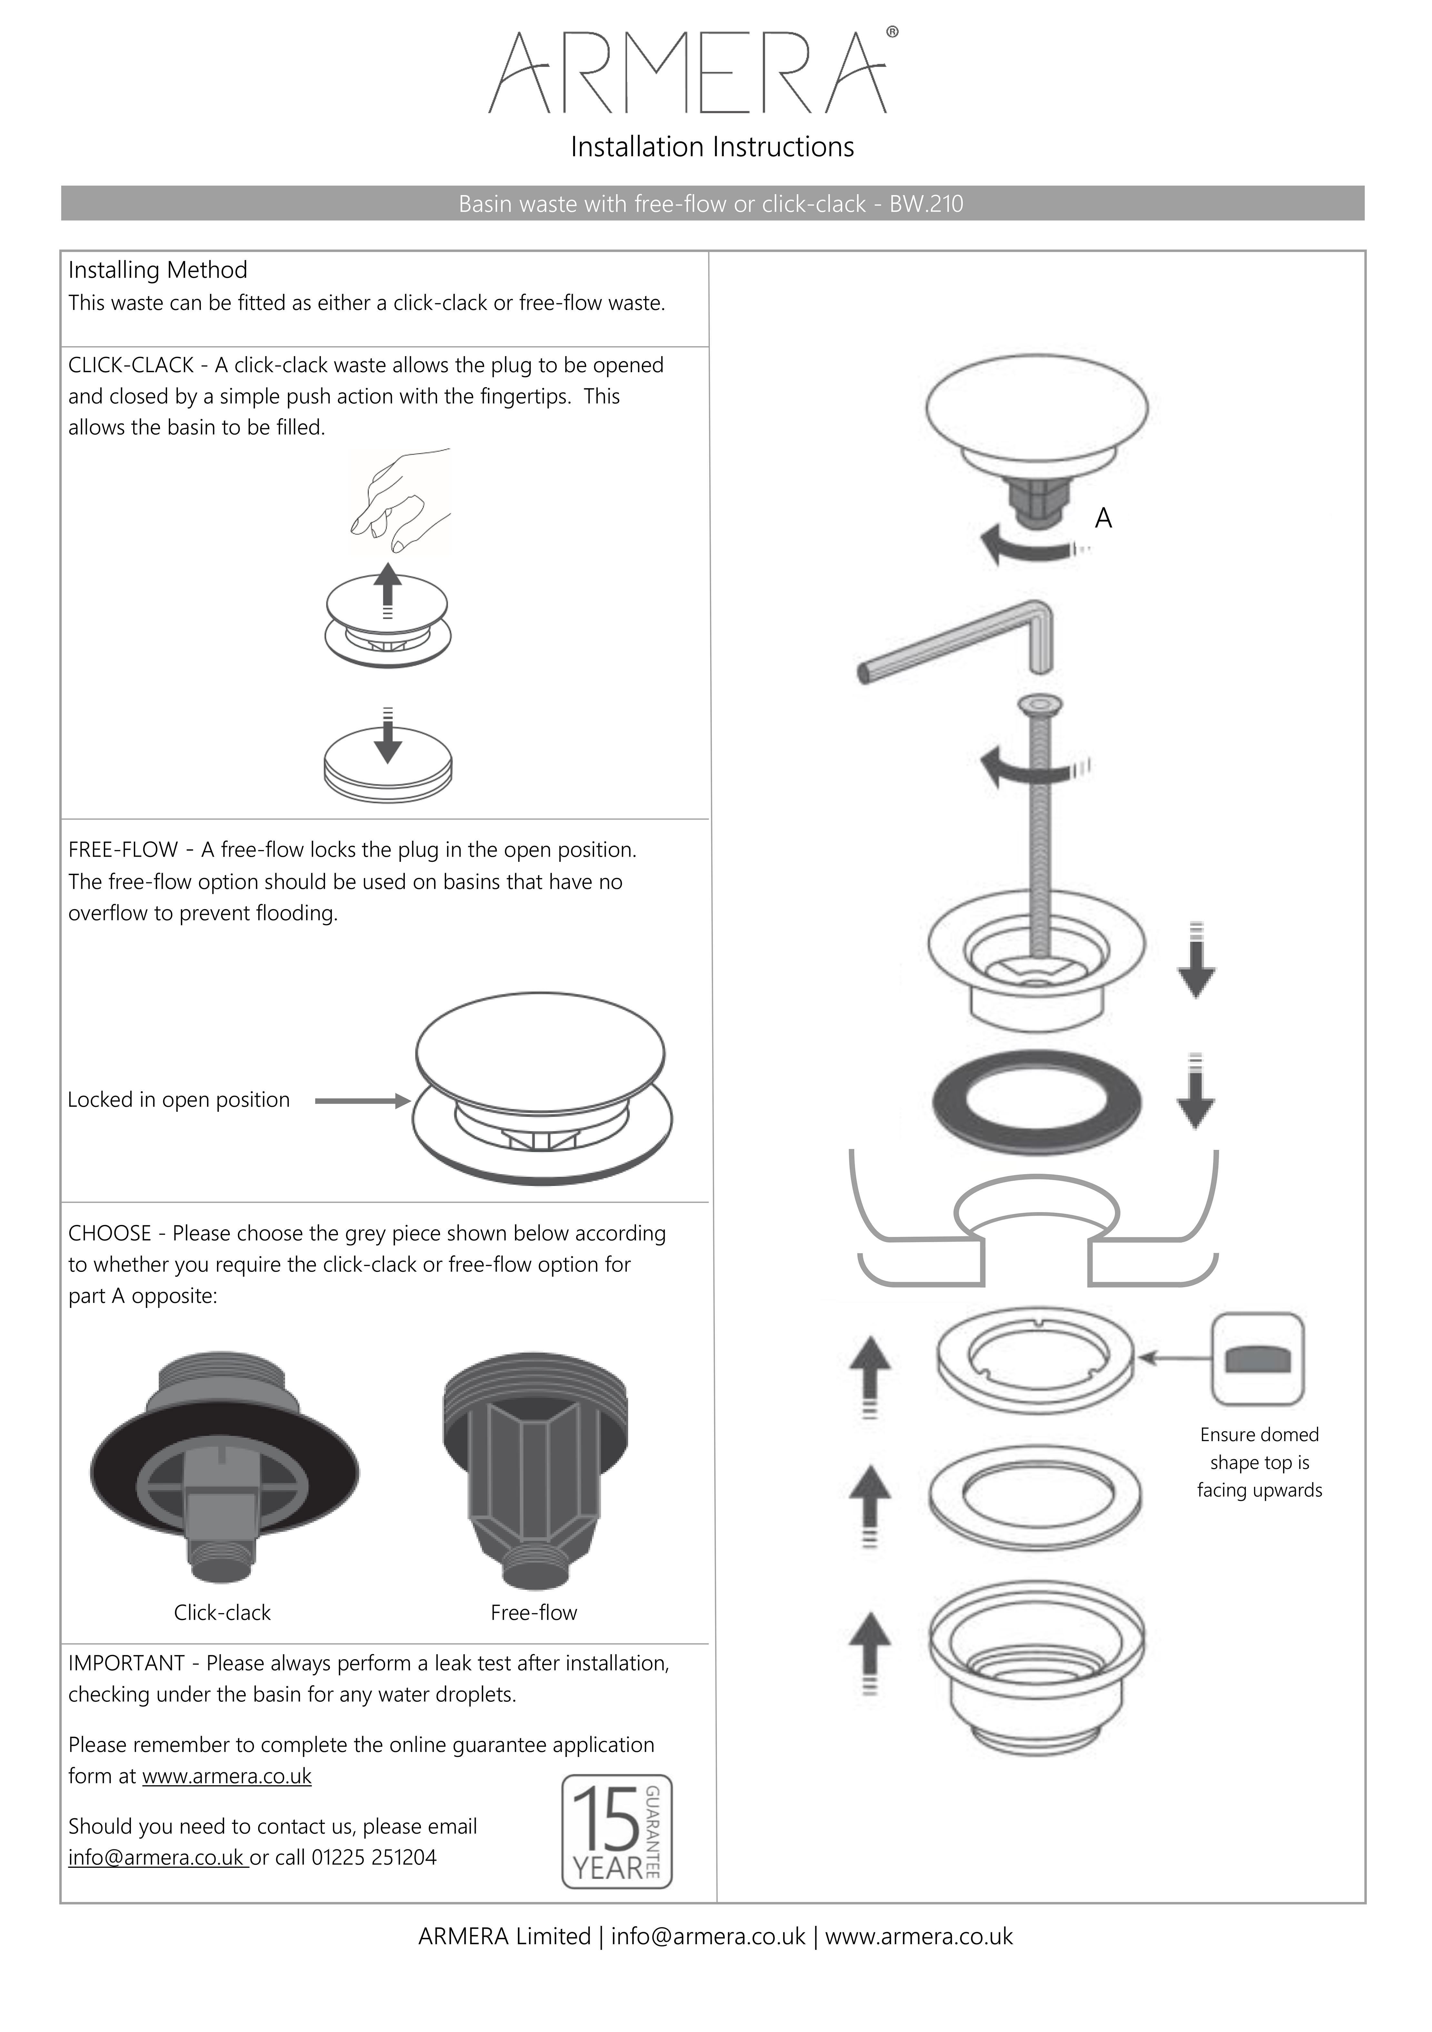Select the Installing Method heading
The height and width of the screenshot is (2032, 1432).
click(x=157, y=270)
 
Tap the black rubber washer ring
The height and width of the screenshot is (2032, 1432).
click(x=1036, y=1102)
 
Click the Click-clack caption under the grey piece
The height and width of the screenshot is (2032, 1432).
click(x=222, y=1612)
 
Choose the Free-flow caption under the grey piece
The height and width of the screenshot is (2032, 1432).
click(x=534, y=1612)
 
